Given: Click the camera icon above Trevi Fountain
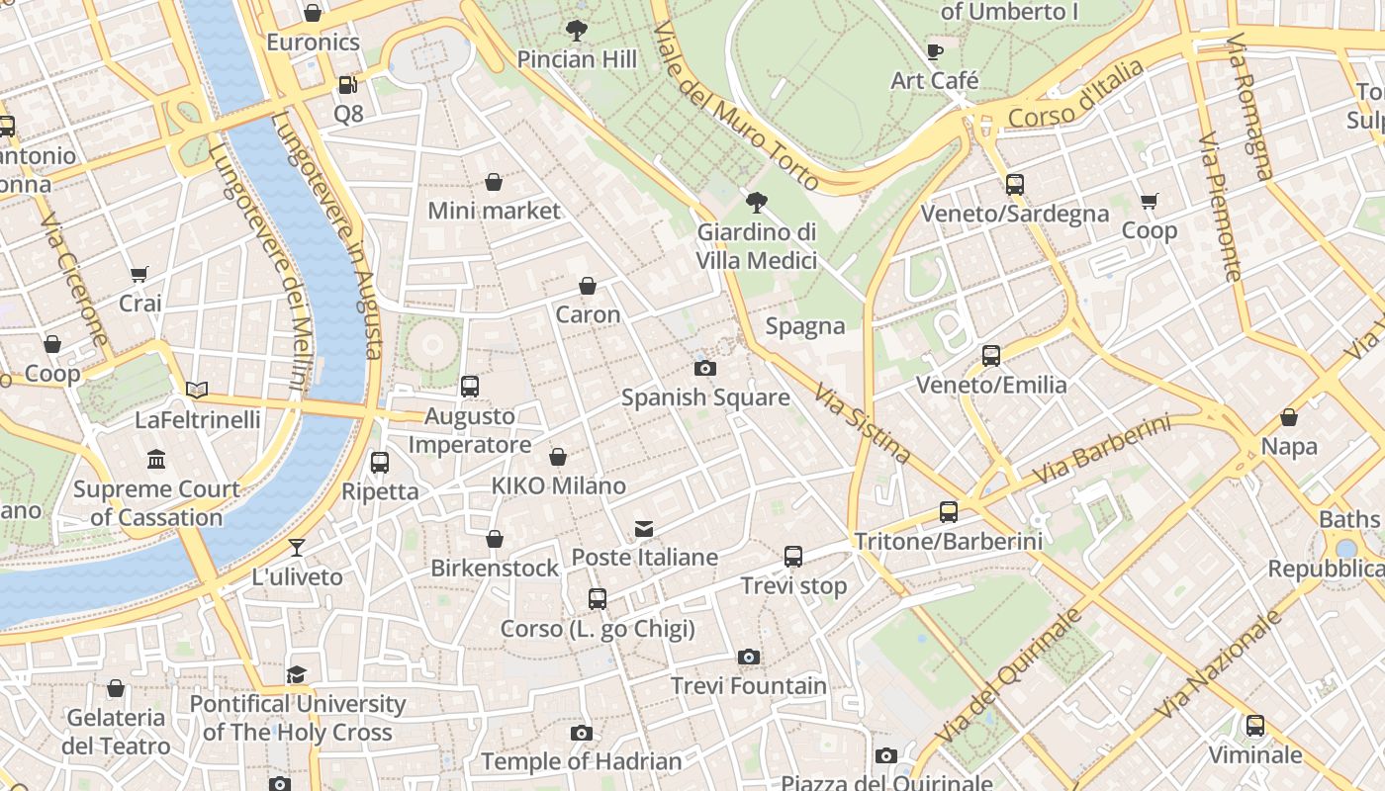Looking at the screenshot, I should (749, 657).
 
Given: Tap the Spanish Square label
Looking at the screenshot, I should (704, 397).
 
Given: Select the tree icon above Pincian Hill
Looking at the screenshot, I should (576, 31).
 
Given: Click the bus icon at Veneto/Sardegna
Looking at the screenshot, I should (1014, 184).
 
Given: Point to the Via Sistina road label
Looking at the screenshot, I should (862, 423).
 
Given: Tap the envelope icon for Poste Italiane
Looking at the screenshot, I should (644, 528).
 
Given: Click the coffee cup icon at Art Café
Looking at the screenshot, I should (934, 51).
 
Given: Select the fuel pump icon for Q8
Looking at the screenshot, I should (347, 85).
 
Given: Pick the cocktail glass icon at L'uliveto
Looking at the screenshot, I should (297, 547).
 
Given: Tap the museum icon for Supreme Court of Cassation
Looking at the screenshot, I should (156, 460).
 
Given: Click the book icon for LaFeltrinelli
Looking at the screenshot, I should (197, 391).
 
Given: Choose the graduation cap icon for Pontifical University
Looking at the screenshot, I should (297, 674).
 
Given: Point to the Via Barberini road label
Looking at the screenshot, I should (1100, 450).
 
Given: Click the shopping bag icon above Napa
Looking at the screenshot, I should (1288, 417).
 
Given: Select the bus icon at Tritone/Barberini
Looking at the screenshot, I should (948, 512).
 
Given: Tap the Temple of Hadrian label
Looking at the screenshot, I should (581, 761).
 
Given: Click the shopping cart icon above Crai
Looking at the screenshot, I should (139, 274).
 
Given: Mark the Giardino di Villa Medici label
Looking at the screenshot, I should (757, 246).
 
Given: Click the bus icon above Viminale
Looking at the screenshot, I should (1254, 726).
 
